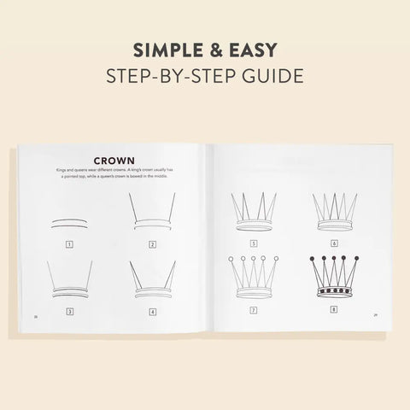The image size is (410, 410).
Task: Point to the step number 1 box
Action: [x=68, y=244]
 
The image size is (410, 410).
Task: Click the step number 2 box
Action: [x=152, y=244]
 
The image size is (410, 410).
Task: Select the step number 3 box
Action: [x=68, y=312]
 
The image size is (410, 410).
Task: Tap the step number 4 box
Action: [x=152, y=312]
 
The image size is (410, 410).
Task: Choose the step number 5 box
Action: [x=254, y=243]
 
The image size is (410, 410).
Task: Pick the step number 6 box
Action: [x=334, y=243]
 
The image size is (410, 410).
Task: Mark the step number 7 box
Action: [x=254, y=311]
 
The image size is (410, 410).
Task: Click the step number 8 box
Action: [x=334, y=311]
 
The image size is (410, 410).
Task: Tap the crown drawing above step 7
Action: [x=254, y=276]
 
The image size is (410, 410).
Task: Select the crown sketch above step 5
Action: [x=254, y=214]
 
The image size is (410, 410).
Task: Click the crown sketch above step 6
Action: [x=334, y=214]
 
